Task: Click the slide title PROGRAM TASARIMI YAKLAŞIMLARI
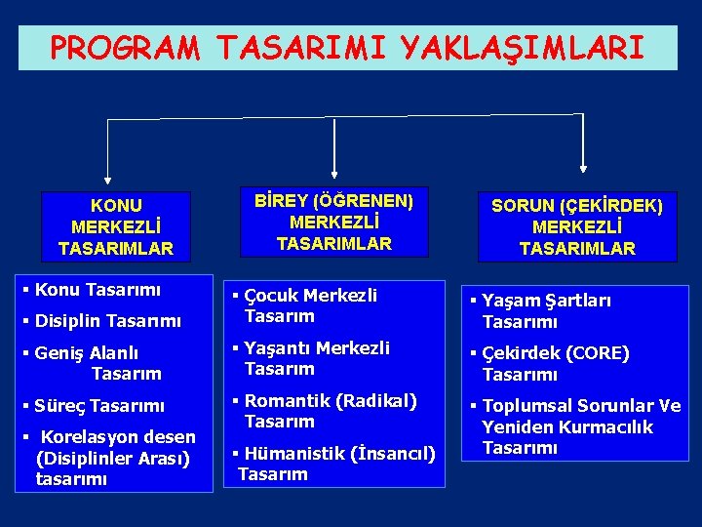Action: point(347,48)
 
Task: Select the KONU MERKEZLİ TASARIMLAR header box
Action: point(116,227)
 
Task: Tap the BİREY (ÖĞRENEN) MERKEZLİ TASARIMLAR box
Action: point(334,223)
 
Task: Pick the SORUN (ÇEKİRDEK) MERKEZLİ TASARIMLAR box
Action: point(577,227)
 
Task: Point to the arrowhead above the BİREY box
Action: point(334,176)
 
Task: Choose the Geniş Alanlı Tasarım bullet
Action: point(97,363)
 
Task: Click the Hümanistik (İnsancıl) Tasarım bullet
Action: point(336,464)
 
